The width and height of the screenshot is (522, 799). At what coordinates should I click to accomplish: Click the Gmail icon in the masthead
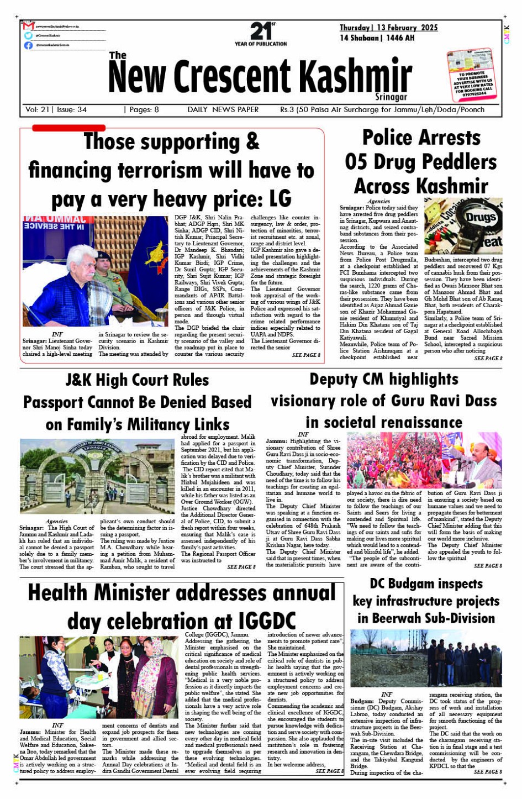tap(29, 26)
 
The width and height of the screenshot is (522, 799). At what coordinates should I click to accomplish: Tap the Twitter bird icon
tap(28, 35)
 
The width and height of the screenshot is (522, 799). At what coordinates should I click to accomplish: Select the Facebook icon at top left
tap(28, 45)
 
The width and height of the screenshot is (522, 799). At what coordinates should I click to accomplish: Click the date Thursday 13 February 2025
tap(388, 28)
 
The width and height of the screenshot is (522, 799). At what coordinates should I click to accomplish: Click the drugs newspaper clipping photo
tap(463, 225)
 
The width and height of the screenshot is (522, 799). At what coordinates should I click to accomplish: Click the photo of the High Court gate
tap(97, 476)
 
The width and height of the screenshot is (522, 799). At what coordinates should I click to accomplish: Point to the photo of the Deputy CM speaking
tap(424, 460)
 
